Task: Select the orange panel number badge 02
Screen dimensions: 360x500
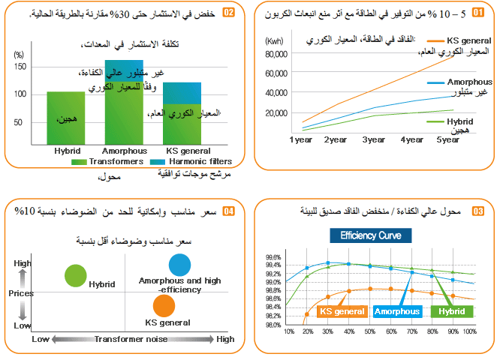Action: point(229,13)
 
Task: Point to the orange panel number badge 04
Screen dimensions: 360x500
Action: point(229,211)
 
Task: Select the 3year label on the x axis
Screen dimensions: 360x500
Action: point(374,140)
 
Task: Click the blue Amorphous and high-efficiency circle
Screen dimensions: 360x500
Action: point(180,264)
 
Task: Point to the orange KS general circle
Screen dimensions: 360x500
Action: point(163,305)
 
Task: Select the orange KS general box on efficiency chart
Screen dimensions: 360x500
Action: point(342,311)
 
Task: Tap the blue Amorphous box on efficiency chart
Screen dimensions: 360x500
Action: point(396,311)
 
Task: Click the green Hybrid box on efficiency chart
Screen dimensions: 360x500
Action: point(450,311)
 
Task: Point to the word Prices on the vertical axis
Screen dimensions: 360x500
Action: point(21,293)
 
